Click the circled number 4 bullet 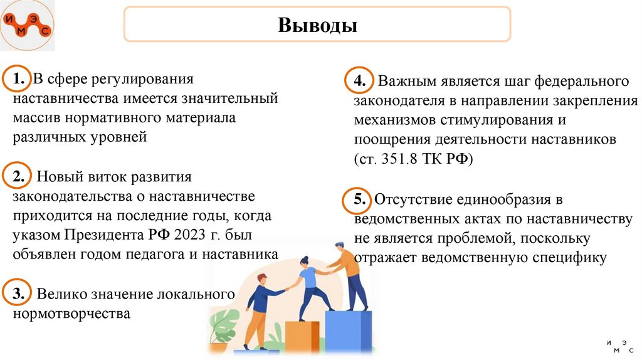(x=359, y=82)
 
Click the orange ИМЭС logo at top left (x=27, y=26)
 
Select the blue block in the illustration (x=349, y=329)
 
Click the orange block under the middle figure (x=303, y=336)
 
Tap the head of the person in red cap (x=261, y=279)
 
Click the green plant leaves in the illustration (x=223, y=326)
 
